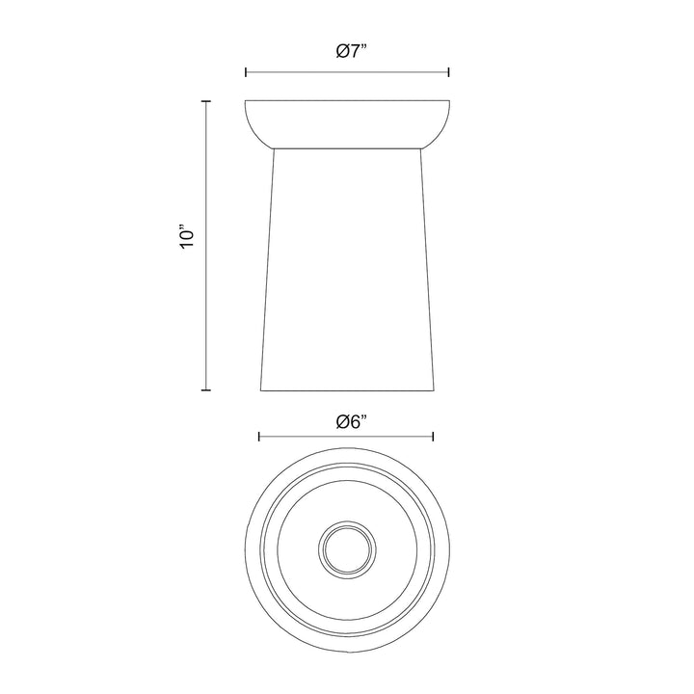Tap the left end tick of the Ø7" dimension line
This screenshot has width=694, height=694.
(246, 71)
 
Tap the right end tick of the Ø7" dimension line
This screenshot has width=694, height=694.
(449, 71)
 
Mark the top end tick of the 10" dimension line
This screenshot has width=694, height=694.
(205, 100)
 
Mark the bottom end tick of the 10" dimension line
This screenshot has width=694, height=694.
(205, 390)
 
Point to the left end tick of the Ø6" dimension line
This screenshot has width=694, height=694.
(259, 437)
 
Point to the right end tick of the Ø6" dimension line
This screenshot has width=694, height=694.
(434, 437)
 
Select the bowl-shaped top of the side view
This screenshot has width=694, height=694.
(347, 122)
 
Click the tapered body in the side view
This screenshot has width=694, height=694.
(347, 270)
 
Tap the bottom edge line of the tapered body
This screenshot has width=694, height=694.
(347, 391)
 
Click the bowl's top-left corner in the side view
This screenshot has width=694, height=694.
(246, 100)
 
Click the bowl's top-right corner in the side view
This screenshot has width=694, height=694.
(449, 100)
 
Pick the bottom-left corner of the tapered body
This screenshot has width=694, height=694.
(260, 391)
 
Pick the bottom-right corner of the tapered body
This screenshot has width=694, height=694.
(434, 391)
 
